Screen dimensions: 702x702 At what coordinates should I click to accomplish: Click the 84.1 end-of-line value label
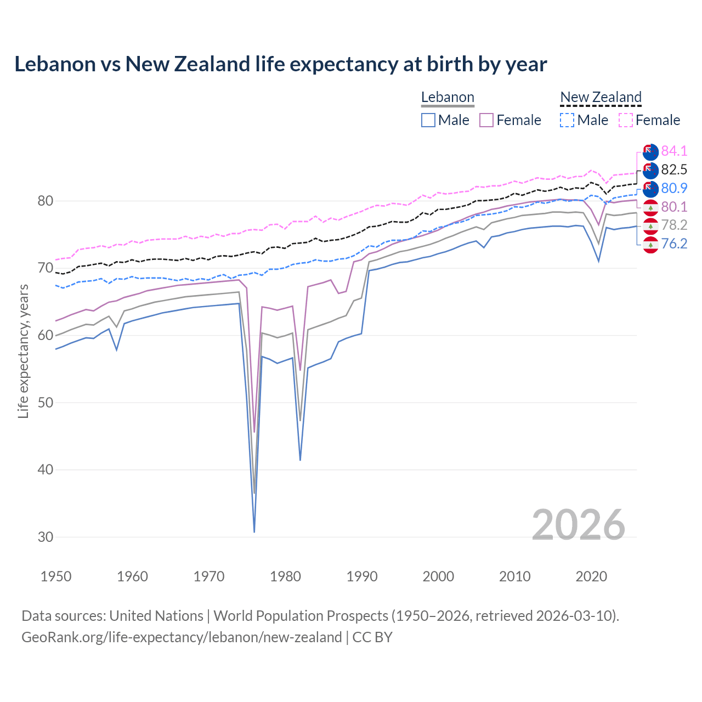point(674,151)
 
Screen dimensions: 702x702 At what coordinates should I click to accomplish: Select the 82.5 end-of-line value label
point(674,169)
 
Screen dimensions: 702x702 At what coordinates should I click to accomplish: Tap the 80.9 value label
point(674,188)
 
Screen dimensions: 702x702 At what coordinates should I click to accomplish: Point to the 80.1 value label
point(674,207)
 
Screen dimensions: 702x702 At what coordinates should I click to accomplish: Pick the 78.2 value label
point(674,225)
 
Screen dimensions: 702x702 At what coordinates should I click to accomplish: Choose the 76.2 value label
point(674,244)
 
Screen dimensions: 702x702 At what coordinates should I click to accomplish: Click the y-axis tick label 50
point(46,403)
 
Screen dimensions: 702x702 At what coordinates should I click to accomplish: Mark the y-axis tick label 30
point(46,537)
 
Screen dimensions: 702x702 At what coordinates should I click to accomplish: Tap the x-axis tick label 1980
point(286,576)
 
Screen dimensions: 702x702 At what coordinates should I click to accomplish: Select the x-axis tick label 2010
point(514,576)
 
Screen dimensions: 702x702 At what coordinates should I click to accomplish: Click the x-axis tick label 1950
point(56,576)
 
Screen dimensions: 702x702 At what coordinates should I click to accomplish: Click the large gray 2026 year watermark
point(579,525)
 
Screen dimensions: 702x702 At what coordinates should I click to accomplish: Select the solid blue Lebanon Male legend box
point(428,120)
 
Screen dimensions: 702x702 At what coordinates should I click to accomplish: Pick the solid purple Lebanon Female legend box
point(486,120)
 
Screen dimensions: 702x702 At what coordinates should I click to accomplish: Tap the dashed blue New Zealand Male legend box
point(567,120)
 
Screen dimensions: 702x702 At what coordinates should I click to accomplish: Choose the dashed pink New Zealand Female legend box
point(626,120)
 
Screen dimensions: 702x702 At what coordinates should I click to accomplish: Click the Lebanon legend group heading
point(448,98)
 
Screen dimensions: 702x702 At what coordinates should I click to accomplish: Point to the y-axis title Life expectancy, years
point(23,352)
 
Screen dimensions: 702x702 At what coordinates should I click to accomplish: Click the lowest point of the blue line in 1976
point(254,531)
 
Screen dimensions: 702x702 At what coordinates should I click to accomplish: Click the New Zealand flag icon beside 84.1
point(650,152)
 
